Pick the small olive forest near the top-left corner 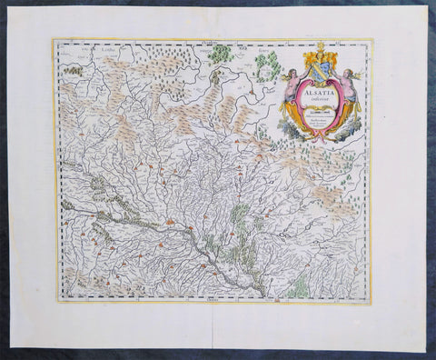tap(75, 69)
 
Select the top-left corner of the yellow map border tap(52, 38)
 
